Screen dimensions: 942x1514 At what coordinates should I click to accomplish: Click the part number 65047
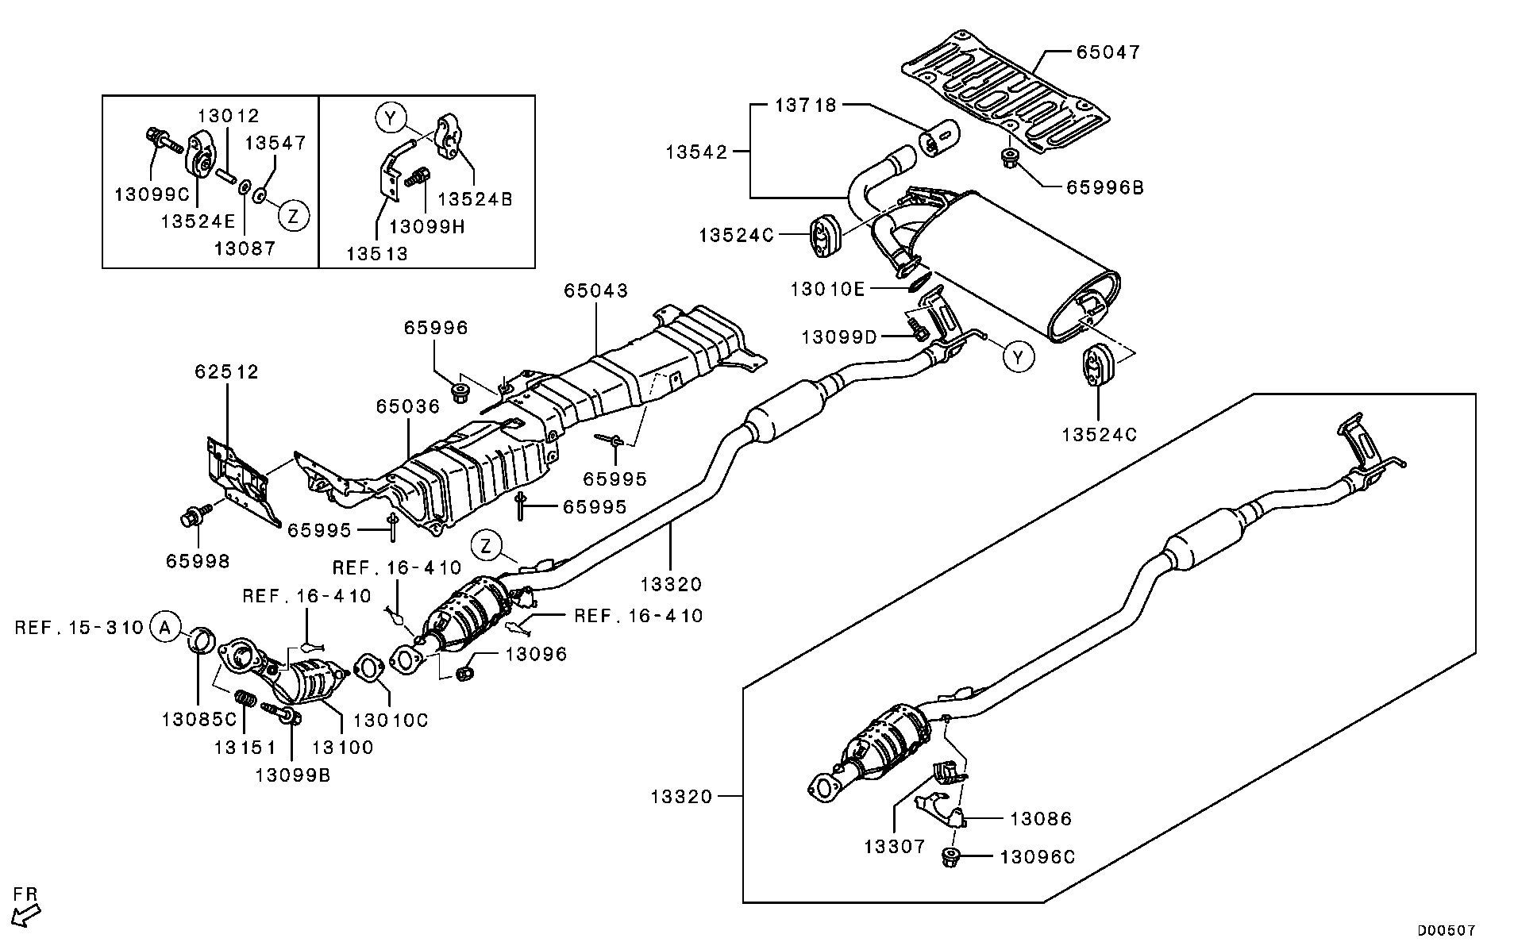coord(1108,52)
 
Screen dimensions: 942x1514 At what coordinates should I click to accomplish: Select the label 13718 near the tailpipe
coord(805,105)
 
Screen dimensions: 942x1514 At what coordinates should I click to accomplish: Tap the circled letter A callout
coord(164,627)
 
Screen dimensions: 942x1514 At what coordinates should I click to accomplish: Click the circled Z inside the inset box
coord(294,215)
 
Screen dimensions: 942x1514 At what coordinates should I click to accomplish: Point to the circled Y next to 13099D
coord(1019,357)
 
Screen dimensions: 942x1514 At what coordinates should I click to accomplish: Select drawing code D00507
coord(1447,929)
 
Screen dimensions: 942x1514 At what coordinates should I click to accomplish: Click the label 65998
coord(198,561)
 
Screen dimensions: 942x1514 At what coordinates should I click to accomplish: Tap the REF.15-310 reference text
coord(79,628)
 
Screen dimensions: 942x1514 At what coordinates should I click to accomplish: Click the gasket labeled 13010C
coord(366,667)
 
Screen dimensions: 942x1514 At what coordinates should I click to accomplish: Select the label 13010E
coord(826,289)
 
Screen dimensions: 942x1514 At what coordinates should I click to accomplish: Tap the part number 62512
coord(227,371)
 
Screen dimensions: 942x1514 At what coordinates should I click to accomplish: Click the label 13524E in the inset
coord(198,221)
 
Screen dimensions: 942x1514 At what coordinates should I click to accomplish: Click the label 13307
coord(895,846)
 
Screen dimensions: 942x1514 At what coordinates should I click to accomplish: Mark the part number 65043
coord(595,290)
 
